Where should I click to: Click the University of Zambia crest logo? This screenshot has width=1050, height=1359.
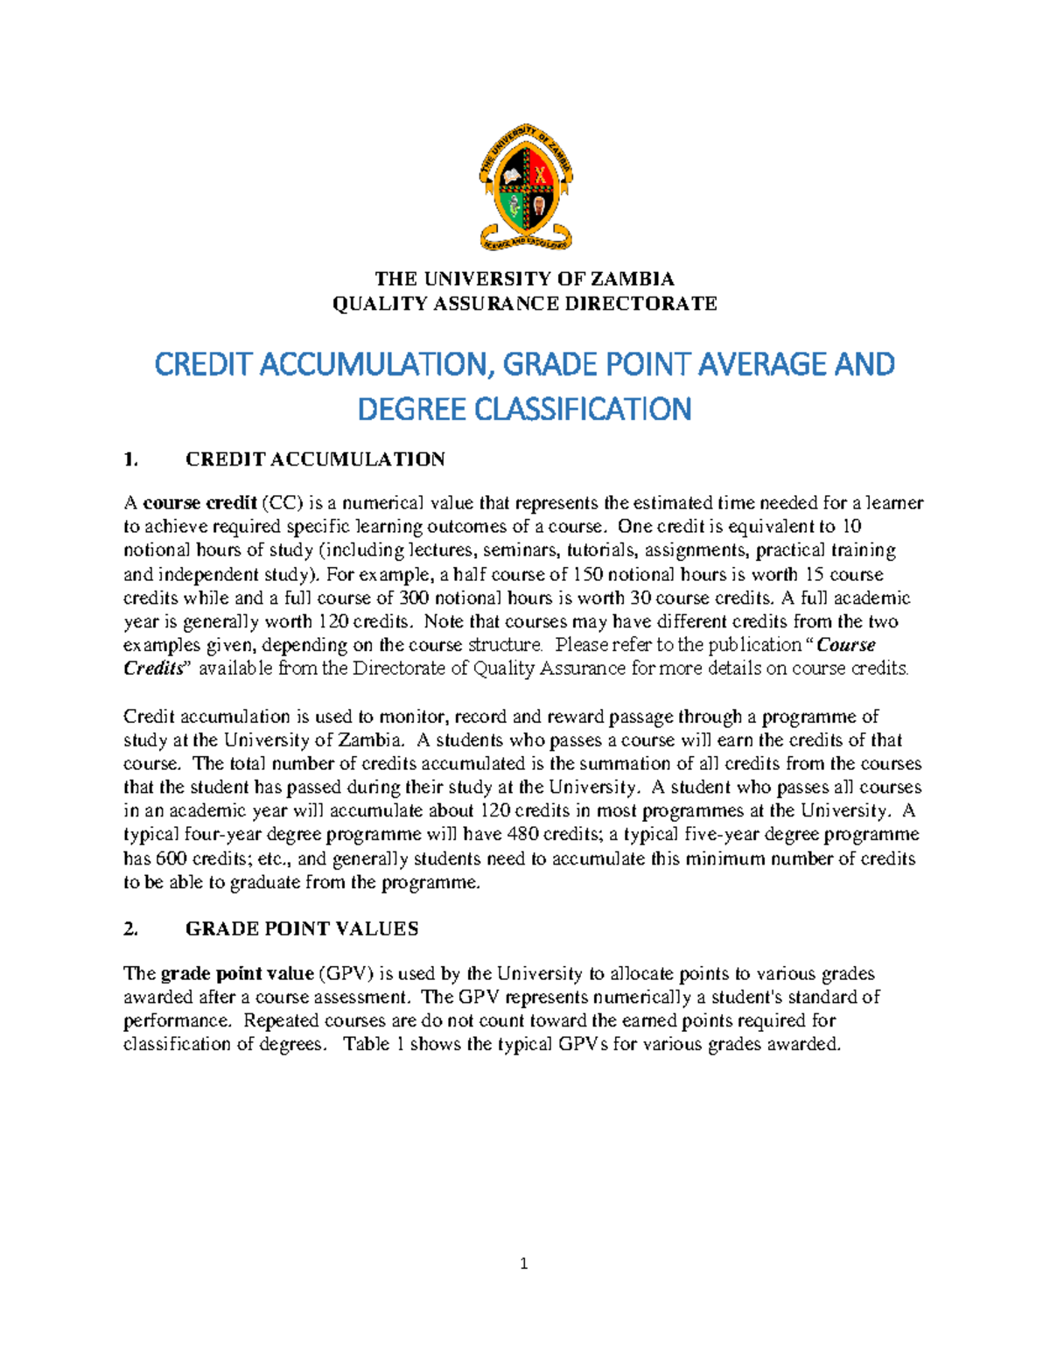pyautogui.click(x=525, y=186)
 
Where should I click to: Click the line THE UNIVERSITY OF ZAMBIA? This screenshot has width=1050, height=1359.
pyautogui.click(x=525, y=279)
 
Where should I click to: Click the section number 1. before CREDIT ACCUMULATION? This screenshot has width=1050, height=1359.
pyautogui.click(x=131, y=459)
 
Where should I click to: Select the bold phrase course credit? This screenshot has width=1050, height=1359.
pyautogui.click(x=199, y=503)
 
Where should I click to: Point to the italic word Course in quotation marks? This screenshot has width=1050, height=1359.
pyautogui.click(x=846, y=645)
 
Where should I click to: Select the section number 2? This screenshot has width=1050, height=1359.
pyautogui.click(x=131, y=929)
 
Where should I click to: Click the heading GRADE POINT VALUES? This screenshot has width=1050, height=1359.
pyautogui.click(x=302, y=929)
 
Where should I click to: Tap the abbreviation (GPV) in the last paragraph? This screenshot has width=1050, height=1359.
pyautogui.click(x=346, y=974)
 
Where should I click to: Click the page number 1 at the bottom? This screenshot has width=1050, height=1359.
pyautogui.click(x=524, y=1264)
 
